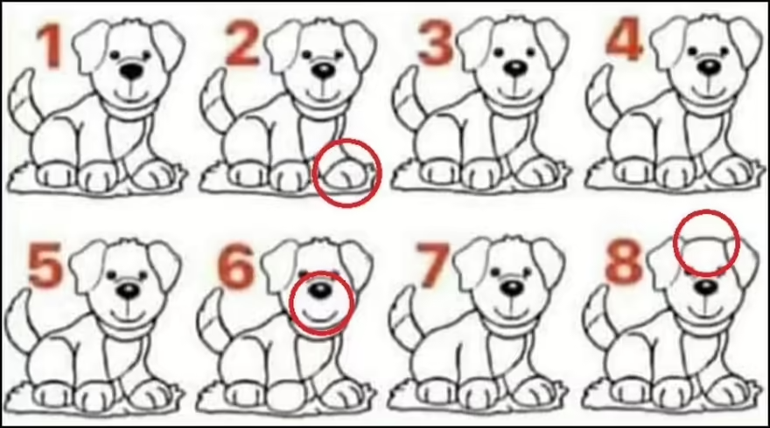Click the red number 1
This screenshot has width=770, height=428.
point(51,46)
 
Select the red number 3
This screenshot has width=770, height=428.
point(436,43)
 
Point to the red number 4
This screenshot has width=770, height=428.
point(625,39)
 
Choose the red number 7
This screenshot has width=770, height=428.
point(431,266)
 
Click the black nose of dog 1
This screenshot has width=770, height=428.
point(131,71)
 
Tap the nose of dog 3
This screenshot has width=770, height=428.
point(516,68)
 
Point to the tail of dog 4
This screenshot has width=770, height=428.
point(600,94)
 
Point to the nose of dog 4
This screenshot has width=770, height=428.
point(709,67)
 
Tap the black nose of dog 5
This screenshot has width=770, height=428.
point(128,292)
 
